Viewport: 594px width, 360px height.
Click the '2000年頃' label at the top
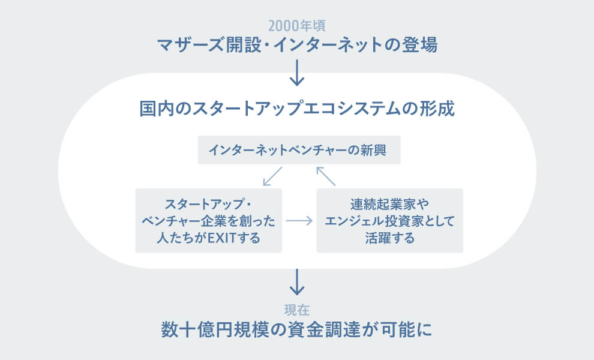point(297,26)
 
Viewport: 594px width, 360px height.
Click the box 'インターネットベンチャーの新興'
point(299,149)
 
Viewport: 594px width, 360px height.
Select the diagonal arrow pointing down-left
point(272,175)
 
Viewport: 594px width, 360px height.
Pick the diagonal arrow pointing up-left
point(326,175)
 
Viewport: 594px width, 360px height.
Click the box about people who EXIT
point(208,220)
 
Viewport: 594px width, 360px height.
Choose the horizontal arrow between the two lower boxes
point(299,220)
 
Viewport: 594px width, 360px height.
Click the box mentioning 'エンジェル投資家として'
point(389,220)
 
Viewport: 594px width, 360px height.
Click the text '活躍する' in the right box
point(389,238)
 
